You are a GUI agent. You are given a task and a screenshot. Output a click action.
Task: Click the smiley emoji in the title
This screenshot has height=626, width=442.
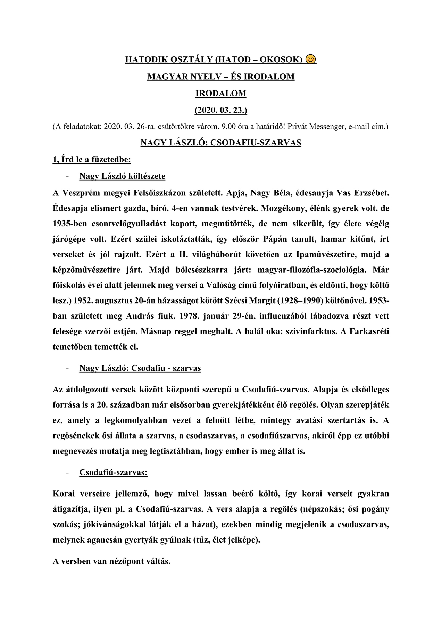pos(311,59)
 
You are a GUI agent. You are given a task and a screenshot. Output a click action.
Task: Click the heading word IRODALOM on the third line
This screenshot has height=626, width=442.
pos(221,93)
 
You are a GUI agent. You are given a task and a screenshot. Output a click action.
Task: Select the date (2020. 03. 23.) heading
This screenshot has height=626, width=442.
pos(221,110)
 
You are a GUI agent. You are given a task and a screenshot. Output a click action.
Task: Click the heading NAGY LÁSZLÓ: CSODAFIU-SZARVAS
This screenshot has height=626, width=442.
pos(221,143)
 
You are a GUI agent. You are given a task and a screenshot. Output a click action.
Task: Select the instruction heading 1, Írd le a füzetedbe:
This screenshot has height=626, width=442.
pos(92,159)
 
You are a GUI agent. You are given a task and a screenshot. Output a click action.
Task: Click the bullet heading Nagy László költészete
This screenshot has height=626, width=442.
pos(122,176)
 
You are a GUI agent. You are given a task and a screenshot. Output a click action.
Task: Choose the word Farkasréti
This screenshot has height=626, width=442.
pos(369,331)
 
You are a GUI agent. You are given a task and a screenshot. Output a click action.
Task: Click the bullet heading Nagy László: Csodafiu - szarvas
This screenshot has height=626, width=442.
pos(140,368)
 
